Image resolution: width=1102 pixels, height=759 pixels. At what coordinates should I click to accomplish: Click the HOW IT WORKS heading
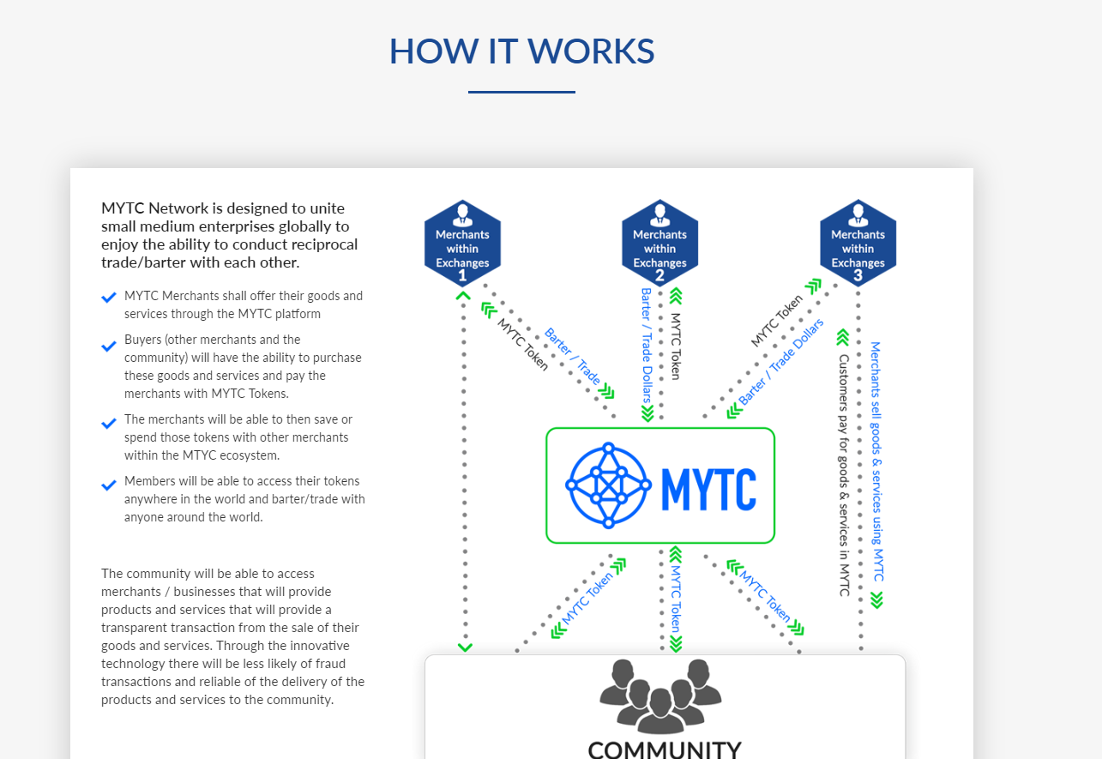[x=521, y=51]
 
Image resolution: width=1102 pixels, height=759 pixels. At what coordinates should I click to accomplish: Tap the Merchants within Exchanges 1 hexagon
[x=462, y=243]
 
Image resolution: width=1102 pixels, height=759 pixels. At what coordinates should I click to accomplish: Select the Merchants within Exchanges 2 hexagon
[x=659, y=243]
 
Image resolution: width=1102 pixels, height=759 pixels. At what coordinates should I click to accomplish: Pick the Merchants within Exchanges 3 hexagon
[x=858, y=243]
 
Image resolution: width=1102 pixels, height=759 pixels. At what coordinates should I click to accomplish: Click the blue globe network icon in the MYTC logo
[x=609, y=485]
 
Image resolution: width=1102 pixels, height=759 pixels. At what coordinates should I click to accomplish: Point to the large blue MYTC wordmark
[x=709, y=489]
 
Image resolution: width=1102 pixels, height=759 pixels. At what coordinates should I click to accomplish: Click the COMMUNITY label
[x=665, y=750]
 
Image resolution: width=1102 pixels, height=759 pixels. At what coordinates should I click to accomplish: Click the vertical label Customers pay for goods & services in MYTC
[x=844, y=475]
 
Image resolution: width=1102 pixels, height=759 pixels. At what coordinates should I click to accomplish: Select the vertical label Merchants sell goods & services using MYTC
[x=876, y=461]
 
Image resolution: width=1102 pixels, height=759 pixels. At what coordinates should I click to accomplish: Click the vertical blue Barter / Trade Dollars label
[x=647, y=346]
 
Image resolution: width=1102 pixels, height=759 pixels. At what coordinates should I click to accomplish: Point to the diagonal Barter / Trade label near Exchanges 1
[x=573, y=356]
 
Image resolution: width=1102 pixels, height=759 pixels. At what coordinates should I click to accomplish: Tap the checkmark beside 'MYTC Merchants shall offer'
[x=109, y=298]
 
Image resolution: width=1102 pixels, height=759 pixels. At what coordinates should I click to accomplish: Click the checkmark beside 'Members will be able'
[x=109, y=485]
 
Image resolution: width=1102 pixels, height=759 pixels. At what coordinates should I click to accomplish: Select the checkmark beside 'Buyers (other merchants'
[x=109, y=346]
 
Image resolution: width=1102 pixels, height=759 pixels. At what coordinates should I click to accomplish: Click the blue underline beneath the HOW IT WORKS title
[x=521, y=92]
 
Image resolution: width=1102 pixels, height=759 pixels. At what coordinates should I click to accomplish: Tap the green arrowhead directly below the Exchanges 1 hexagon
[x=463, y=296]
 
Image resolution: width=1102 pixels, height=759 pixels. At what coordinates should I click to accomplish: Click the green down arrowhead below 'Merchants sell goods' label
[x=876, y=600]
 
